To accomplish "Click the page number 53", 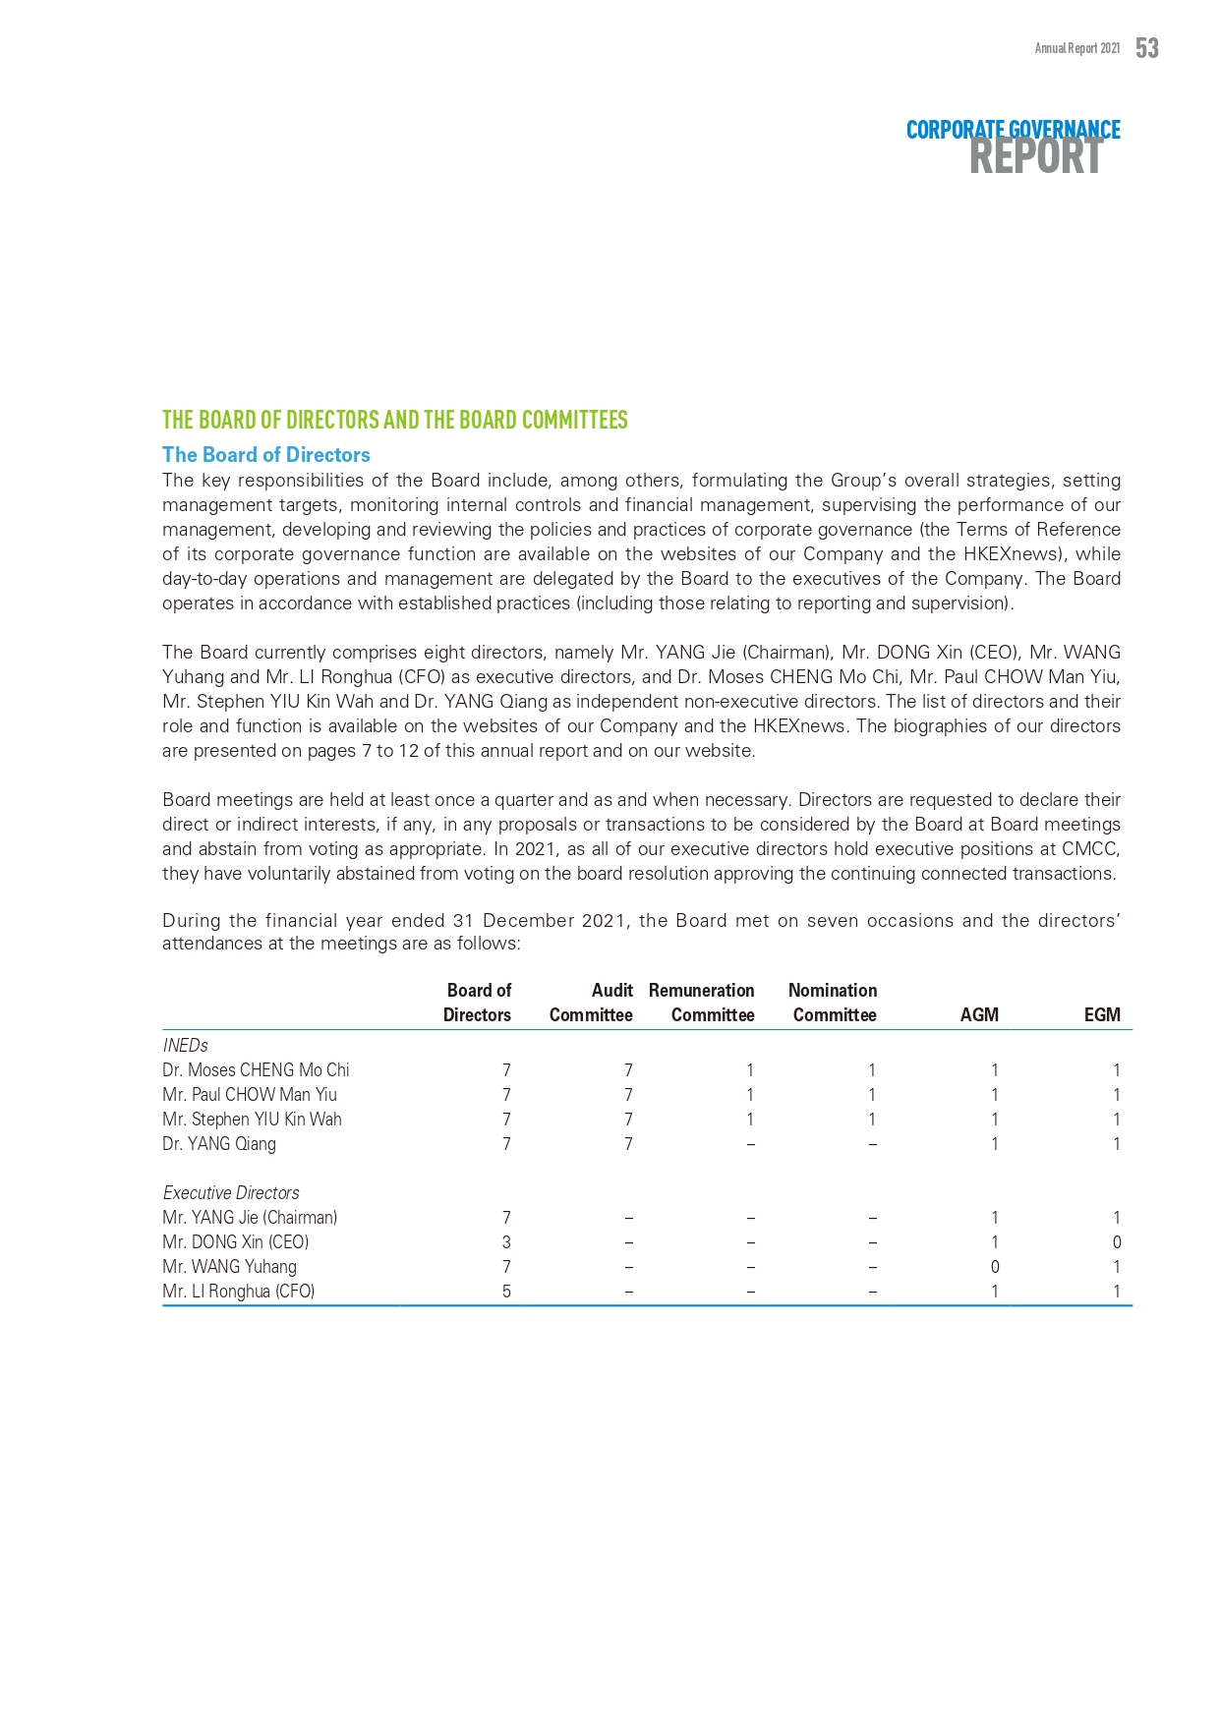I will (1146, 48).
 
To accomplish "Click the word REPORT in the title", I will (1035, 158).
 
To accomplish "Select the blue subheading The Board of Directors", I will (266, 455).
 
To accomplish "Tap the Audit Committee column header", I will (591, 1003).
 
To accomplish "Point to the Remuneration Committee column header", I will (702, 1003).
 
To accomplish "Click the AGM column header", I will (979, 1015).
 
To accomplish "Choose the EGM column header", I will (1102, 1015).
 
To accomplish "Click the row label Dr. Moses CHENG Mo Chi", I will (256, 1070).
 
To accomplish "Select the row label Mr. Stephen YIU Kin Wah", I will (252, 1120).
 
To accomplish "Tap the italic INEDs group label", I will (185, 1046).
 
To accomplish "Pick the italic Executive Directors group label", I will (231, 1193).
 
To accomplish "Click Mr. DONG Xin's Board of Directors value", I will (506, 1242).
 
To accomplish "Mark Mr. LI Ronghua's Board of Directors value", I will (506, 1292).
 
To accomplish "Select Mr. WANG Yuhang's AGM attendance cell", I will (995, 1267).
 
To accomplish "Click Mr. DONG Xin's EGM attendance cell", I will (1117, 1242).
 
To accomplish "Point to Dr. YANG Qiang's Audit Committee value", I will (628, 1144).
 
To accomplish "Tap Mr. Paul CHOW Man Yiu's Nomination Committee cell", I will (872, 1095).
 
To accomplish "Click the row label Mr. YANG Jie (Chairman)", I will (250, 1218).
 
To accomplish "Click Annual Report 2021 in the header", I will (1076, 48).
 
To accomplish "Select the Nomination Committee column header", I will (834, 1003).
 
